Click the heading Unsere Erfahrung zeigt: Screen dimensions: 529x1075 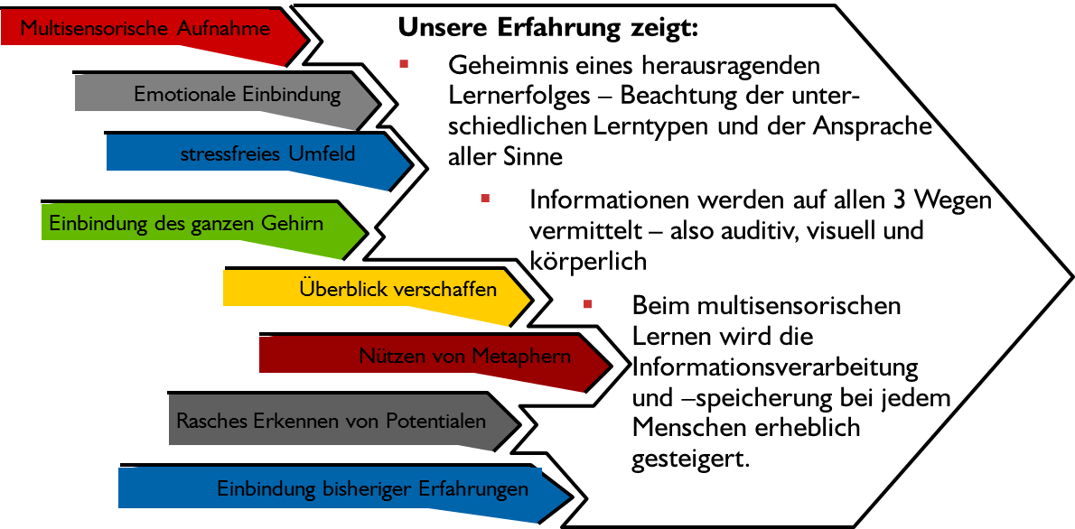pos(548,27)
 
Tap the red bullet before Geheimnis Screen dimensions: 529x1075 pos(403,63)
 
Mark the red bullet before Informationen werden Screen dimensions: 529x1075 pos(485,197)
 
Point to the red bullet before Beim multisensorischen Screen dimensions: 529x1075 pos(587,302)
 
